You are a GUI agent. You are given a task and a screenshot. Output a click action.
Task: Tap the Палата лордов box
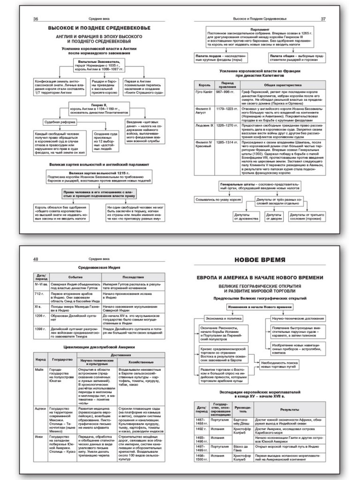pyautogui.click(x=219, y=58)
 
